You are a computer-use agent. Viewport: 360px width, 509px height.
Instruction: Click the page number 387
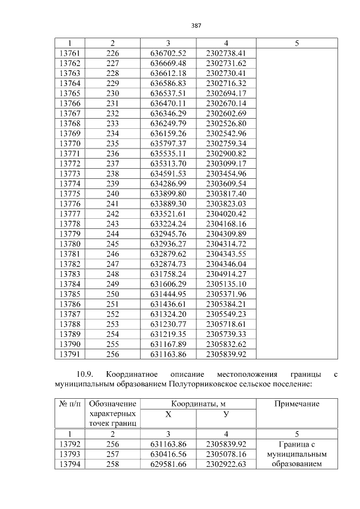coord(196,25)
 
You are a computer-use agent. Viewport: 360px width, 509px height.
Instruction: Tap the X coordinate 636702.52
coord(168,53)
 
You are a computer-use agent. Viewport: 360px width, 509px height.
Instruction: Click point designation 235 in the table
coord(112,143)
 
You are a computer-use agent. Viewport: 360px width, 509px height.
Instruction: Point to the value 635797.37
coord(168,143)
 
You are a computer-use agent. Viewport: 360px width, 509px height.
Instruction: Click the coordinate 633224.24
coord(168,223)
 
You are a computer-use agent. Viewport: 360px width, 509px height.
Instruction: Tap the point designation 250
coord(112,294)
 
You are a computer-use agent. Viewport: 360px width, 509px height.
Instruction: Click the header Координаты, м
coord(197,404)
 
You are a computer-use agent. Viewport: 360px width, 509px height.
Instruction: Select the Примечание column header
coord(296,404)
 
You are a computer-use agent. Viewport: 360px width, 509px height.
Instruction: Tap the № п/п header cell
coord(70,404)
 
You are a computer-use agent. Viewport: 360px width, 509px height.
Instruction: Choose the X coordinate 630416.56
coord(168,454)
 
